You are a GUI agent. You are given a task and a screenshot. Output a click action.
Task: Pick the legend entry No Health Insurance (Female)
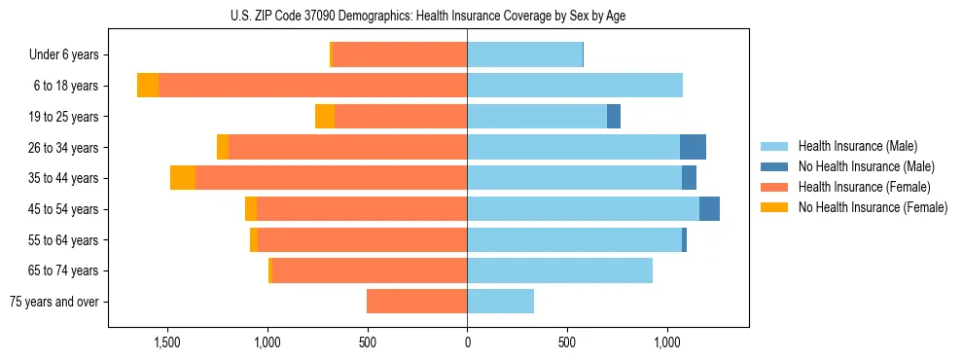(873, 207)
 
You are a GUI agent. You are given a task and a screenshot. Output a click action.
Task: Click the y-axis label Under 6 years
(63, 55)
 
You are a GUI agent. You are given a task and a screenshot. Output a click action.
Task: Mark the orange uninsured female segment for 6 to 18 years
(148, 86)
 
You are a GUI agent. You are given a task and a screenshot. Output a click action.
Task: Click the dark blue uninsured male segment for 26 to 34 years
(693, 147)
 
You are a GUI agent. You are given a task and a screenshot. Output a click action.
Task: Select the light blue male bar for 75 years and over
(500, 302)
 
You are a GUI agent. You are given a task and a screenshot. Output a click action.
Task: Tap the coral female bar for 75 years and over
(416, 302)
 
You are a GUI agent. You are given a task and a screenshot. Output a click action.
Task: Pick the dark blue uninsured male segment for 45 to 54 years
(709, 209)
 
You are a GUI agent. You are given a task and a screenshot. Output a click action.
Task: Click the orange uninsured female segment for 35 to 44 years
(183, 178)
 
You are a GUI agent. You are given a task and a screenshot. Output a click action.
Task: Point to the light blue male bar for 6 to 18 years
(574, 86)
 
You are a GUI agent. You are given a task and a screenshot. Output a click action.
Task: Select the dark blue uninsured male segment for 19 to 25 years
(614, 117)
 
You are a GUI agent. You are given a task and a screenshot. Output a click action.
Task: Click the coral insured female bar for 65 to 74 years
(613, 270)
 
